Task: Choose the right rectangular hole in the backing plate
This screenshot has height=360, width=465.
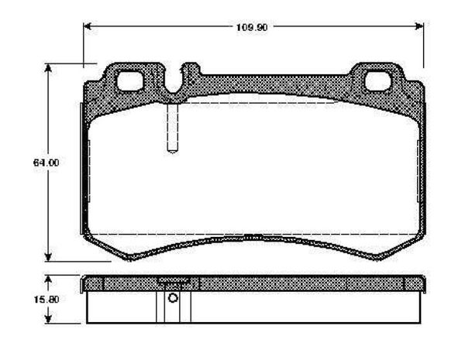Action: [x=378, y=79]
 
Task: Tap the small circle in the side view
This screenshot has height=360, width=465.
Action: [x=173, y=300]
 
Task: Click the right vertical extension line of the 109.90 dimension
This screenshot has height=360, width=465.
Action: [x=424, y=46]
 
